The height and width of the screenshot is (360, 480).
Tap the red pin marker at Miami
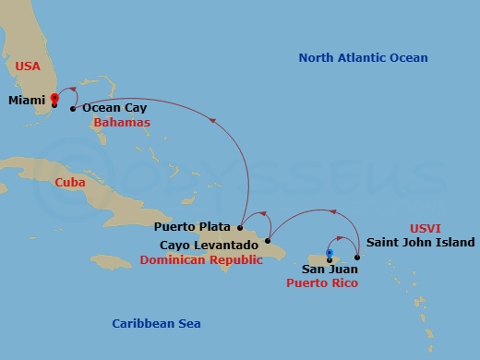click(54, 97)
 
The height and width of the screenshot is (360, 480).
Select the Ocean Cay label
click(114, 108)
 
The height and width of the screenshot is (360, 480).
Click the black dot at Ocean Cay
click(73, 109)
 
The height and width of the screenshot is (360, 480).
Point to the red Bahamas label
click(122, 122)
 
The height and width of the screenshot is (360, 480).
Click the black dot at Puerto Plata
click(239, 227)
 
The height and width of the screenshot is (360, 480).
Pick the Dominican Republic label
click(201, 261)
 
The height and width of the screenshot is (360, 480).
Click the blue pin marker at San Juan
click(330, 254)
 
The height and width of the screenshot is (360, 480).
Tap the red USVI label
click(426, 227)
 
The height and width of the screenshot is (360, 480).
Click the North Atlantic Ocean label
click(363, 58)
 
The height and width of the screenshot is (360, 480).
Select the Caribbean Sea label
click(156, 323)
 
